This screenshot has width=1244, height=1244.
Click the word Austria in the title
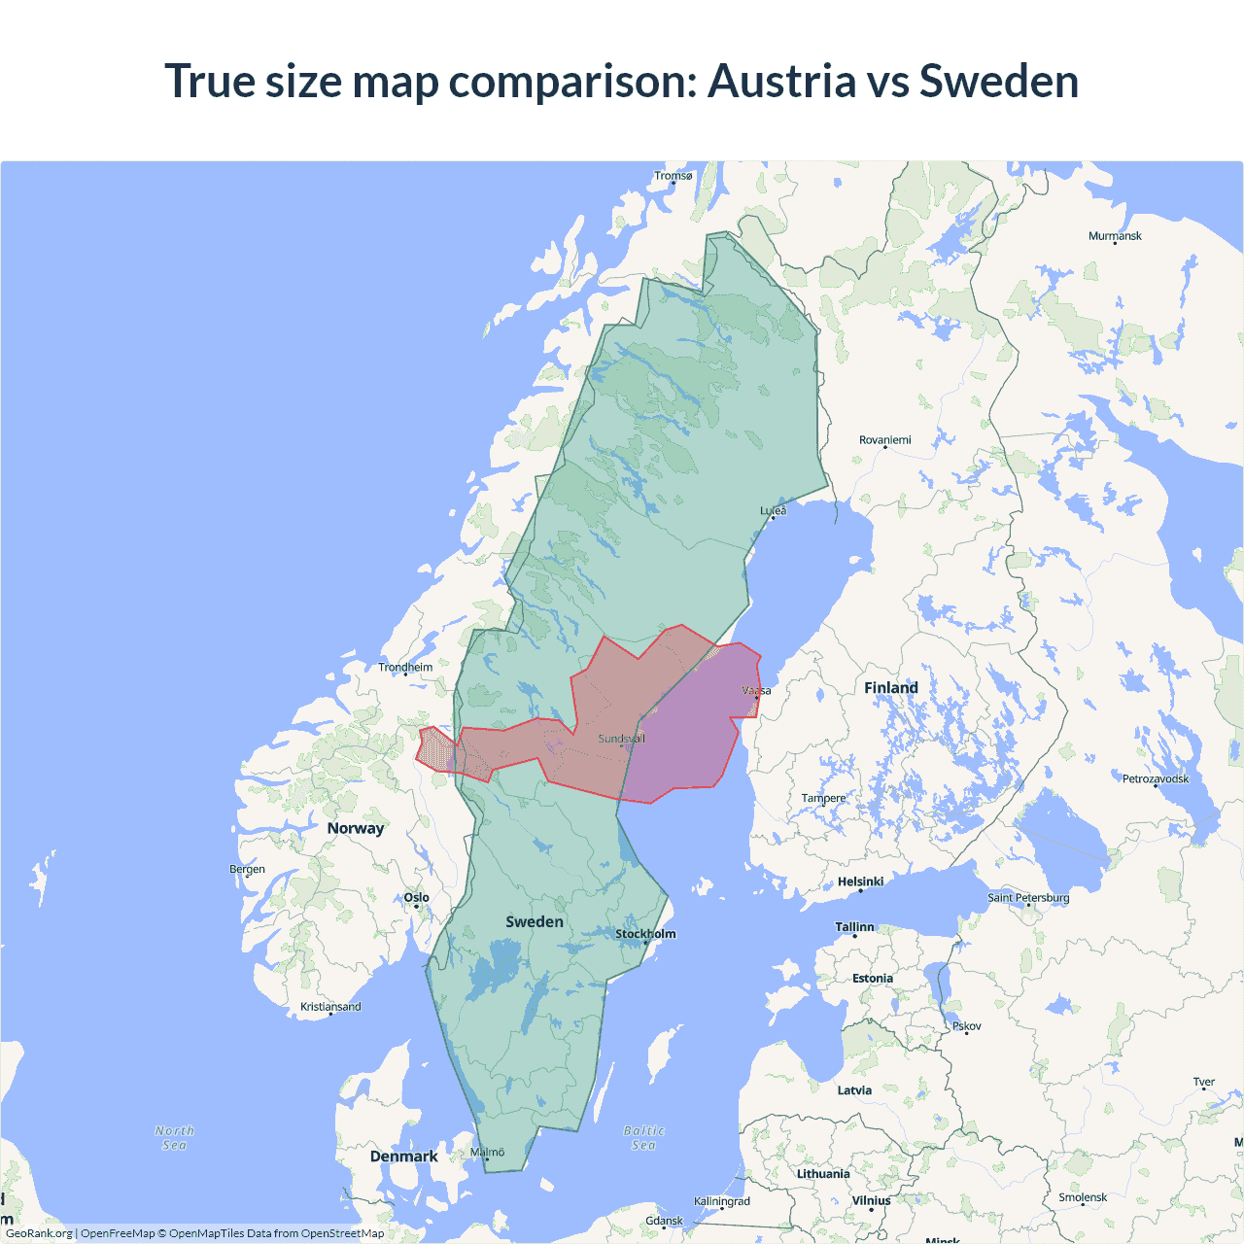[x=781, y=81]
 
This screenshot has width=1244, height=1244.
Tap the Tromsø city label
[x=674, y=176]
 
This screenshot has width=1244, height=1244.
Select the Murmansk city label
[x=1115, y=236]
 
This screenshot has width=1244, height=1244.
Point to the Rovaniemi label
[x=884, y=440]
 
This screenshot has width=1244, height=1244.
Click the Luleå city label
[x=774, y=510]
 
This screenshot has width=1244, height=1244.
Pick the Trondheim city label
[x=405, y=667]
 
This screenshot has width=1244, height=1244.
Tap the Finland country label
[x=890, y=688]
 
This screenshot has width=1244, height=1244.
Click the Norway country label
[x=356, y=828]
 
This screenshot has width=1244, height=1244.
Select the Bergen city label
[x=247, y=869]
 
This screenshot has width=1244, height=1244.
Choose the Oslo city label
[x=416, y=897]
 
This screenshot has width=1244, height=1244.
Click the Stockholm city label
[x=645, y=934]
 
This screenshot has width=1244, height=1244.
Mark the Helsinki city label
[x=860, y=881]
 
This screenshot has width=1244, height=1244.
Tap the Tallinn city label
[x=854, y=927]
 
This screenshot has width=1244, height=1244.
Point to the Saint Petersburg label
[x=1028, y=897]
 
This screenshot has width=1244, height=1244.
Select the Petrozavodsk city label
[x=1155, y=778]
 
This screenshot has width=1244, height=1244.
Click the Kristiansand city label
[x=330, y=1007]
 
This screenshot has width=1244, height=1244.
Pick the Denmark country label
[x=403, y=1157]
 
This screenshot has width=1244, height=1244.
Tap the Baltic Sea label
[x=644, y=1138]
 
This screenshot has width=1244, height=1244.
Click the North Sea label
[x=175, y=1138]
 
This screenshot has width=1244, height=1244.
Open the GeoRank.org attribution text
[x=39, y=1233]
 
